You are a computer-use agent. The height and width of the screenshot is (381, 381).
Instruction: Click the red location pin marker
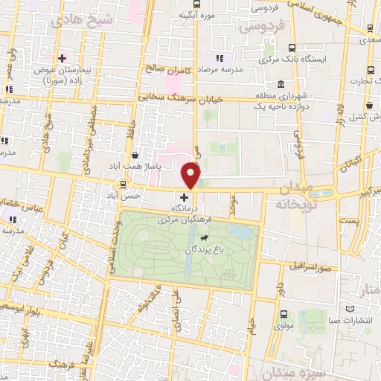click(x=191, y=175)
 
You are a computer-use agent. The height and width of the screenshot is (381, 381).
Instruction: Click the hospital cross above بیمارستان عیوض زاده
click(x=62, y=57)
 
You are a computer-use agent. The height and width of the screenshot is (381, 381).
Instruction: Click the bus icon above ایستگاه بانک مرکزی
click(x=291, y=46)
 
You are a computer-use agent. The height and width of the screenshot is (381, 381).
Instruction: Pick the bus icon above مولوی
click(x=284, y=314)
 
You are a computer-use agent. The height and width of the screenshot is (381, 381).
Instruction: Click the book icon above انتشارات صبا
click(x=350, y=309)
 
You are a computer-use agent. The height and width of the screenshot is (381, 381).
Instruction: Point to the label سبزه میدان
click(x=287, y=371)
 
